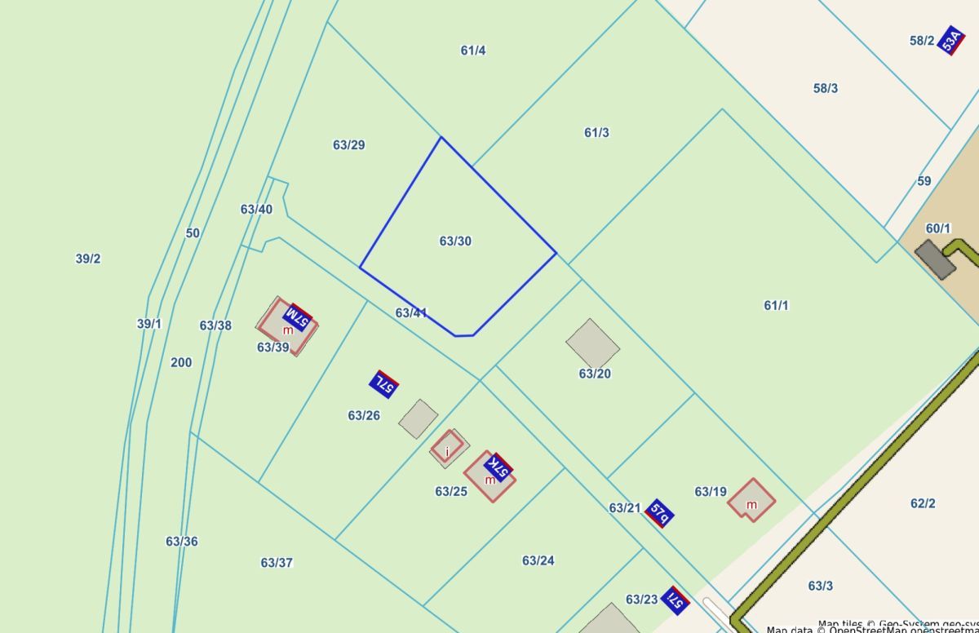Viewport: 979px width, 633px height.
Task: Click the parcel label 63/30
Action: [x=455, y=241]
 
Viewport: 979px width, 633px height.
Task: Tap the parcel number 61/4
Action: [x=473, y=51]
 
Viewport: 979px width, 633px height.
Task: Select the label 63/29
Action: [x=348, y=145]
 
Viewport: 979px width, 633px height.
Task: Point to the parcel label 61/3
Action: [x=596, y=132]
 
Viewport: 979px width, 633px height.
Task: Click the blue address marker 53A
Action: [x=950, y=40]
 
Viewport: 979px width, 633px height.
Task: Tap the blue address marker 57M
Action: [x=298, y=316]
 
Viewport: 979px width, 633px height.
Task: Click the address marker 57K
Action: [x=498, y=467]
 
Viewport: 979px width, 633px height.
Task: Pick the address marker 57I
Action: [x=676, y=600]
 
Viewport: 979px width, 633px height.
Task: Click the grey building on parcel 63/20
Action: [x=593, y=343]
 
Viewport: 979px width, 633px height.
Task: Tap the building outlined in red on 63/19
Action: [x=751, y=498]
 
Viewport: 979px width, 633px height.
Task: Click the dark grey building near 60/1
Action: [x=935, y=259]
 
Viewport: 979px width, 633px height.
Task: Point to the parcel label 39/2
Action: [x=88, y=259]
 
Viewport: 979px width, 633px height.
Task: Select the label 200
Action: [x=181, y=362]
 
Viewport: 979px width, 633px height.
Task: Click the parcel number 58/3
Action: [x=826, y=88]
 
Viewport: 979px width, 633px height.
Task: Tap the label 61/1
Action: [x=776, y=305]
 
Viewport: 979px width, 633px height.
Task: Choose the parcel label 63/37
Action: [x=277, y=563]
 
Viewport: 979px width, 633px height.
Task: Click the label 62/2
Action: [x=923, y=503]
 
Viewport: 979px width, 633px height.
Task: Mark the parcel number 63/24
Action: [x=538, y=560]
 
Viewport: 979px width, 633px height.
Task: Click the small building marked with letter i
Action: [x=448, y=448]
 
